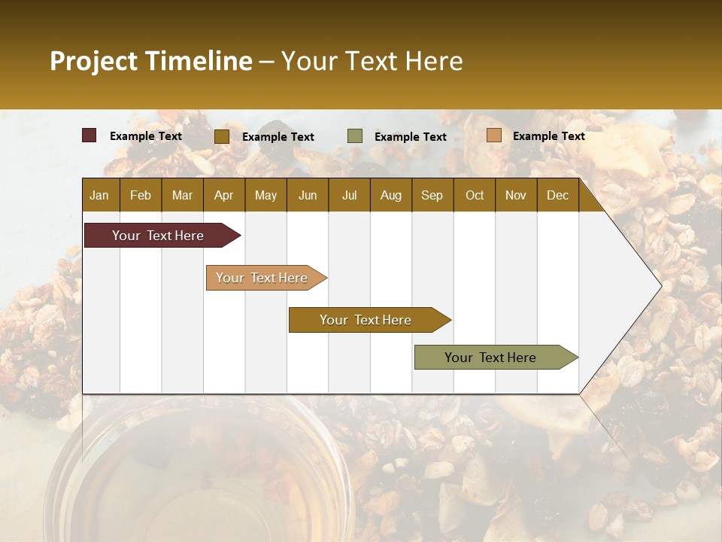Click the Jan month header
(x=100, y=196)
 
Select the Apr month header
(x=224, y=196)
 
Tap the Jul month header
(x=349, y=196)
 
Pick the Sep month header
(x=432, y=196)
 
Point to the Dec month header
(x=557, y=196)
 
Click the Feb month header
(x=141, y=196)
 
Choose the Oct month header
(x=475, y=196)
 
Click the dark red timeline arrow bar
(x=159, y=236)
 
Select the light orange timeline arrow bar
(x=262, y=278)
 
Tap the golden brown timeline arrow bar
(x=366, y=320)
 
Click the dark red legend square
(x=89, y=135)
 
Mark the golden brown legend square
(x=222, y=136)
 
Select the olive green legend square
(x=355, y=136)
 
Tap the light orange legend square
(x=494, y=135)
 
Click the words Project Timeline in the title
(x=150, y=61)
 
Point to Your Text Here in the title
(x=372, y=61)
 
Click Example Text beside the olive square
(x=410, y=137)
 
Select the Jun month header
(x=308, y=196)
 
